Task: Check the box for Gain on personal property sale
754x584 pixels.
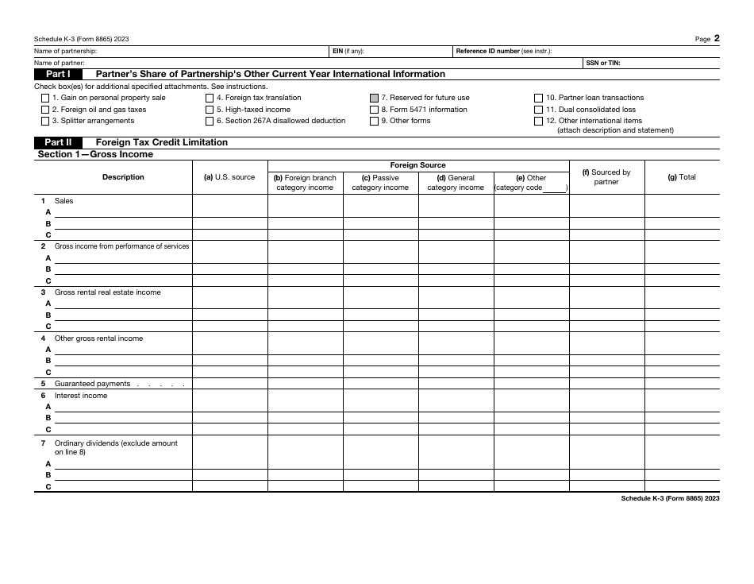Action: [44, 99]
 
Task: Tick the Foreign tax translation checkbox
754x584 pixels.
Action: [210, 99]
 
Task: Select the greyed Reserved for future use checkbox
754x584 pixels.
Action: [374, 99]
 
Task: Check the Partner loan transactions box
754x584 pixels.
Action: [539, 99]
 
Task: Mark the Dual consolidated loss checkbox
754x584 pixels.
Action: [539, 110]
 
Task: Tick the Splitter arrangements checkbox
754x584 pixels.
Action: [44, 122]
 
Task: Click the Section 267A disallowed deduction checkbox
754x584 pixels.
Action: [210, 122]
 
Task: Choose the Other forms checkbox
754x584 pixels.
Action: [374, 122]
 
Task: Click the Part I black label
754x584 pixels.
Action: [58, 74]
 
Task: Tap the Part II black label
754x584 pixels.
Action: [58, 142]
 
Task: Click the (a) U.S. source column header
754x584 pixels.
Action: [229, 177]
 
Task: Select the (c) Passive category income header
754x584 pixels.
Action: [380, 183]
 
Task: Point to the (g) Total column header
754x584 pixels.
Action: [682, 177]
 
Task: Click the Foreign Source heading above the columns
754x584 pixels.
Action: [418, 165]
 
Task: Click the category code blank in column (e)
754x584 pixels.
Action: [554, 188]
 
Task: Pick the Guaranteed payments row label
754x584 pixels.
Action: [92, 384]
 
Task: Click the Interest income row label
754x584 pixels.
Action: [80, 396]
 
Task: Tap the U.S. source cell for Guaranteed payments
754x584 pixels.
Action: [229, 384]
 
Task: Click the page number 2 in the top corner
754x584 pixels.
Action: [717, 37]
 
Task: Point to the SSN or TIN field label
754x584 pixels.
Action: [603, 62]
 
